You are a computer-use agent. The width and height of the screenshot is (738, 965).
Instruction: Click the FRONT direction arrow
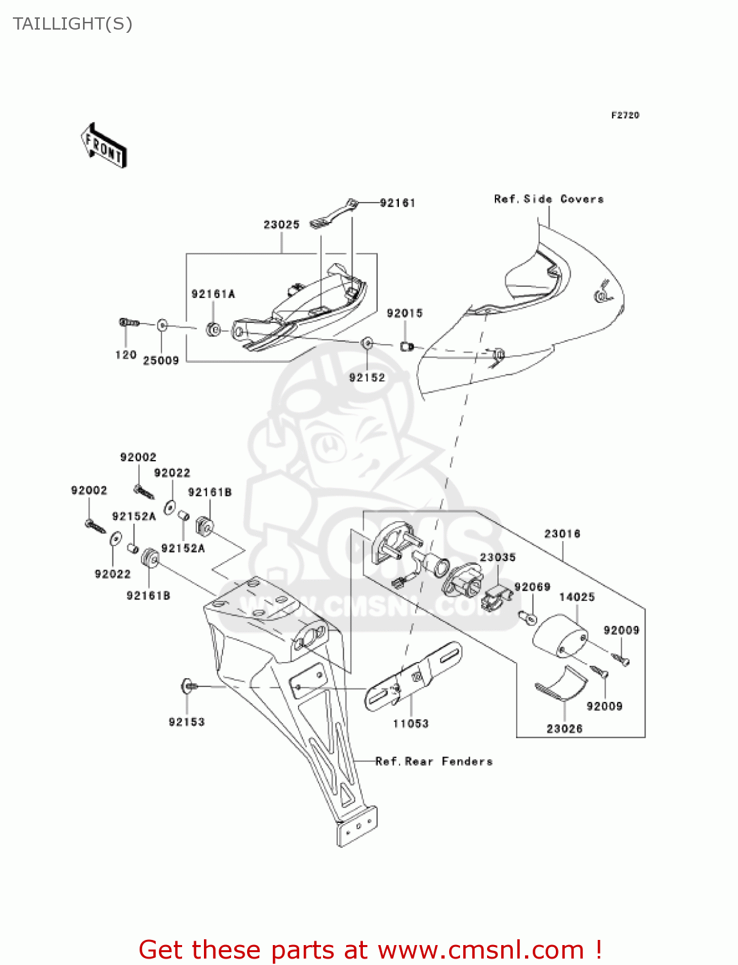[104, 146]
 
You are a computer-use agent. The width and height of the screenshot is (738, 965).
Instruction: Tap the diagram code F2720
[625, 115]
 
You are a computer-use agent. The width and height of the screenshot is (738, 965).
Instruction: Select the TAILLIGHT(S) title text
[73, 24]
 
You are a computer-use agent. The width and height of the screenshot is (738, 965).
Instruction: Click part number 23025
[281, 225]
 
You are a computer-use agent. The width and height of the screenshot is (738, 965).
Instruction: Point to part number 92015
[404, 313]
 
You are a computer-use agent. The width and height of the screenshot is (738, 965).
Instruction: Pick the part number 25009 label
[161, 361]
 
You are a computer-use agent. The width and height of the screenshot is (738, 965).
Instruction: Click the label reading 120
[125, 355]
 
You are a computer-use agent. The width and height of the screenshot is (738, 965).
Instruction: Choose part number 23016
[562, 534]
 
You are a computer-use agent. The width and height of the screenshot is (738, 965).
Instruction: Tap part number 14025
[577, 597]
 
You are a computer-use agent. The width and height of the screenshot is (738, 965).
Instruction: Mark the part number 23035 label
[497, 557]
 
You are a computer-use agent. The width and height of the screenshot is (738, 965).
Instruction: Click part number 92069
[532, 587]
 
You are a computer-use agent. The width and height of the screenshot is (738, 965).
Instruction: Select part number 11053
[411, 724]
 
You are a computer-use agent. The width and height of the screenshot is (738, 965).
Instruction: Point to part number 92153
[187, 722]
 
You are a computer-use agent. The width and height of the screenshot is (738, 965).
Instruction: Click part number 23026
[564, 728]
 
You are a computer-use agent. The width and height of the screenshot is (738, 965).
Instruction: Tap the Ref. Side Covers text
[549, 199]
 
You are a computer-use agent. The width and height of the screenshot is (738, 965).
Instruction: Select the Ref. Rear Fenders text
[434, 762]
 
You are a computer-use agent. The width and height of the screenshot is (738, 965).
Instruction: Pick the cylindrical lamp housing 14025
[559, 636]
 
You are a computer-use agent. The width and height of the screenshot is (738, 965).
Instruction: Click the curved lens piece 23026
[562, 685]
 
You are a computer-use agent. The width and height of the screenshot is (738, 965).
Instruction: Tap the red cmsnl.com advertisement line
[370, 950]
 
